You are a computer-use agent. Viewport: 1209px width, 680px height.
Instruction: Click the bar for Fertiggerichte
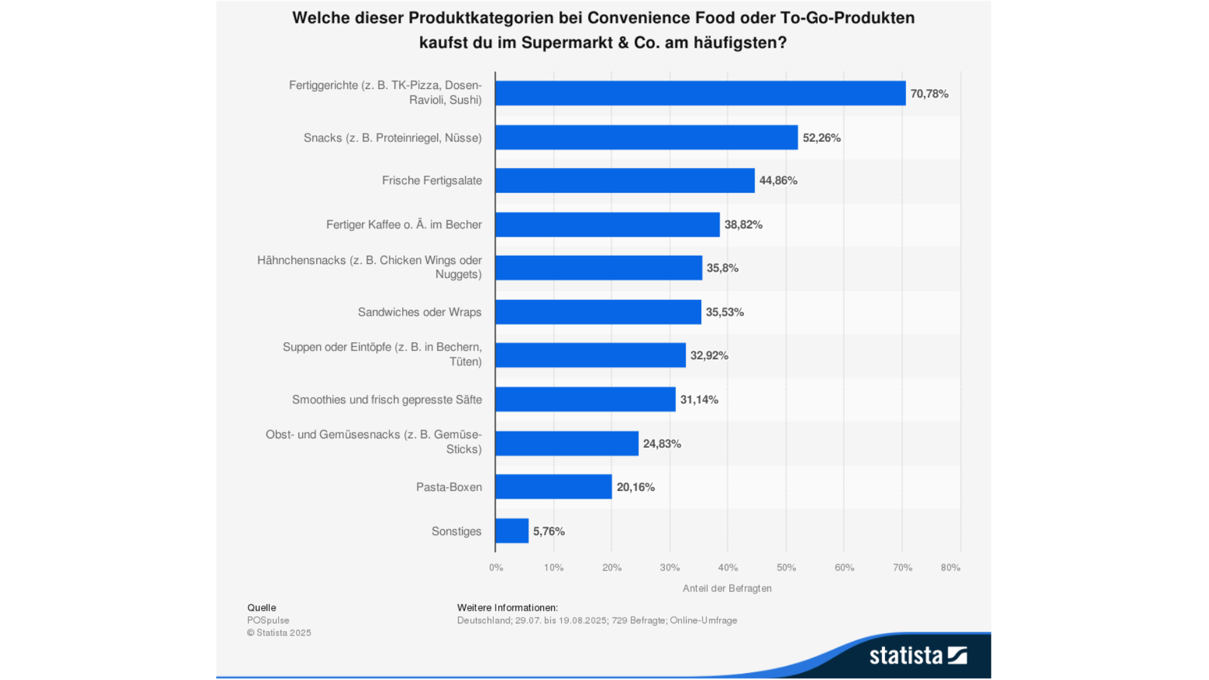point(700,94)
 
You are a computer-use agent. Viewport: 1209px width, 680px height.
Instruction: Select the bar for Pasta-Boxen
point(553,487)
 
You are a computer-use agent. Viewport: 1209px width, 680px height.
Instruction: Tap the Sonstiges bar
point(512,531)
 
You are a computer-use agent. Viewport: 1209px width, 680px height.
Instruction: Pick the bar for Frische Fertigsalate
point(624,181)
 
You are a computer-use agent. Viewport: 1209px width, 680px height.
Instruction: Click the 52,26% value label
point(821,138)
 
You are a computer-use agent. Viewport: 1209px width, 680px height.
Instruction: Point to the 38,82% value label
point(743,225)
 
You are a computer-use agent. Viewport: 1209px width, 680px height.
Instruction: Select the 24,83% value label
point(662,444)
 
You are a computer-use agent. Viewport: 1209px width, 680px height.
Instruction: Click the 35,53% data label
point(725,312)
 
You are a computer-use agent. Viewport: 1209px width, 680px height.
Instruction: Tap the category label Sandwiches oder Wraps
point(419,312)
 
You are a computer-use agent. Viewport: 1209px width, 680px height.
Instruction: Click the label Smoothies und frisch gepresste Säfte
point(387,399)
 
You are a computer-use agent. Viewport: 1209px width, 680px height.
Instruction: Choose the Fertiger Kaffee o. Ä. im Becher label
point(403,225)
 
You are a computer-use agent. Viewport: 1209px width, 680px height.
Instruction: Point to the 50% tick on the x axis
point(786,567)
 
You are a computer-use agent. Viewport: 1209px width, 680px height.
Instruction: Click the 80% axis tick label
point(950,567)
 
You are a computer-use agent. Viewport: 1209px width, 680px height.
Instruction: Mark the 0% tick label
point(496,567)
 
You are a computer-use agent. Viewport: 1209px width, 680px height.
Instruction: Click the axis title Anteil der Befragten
point(727,588)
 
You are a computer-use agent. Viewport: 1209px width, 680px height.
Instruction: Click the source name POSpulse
point(268,620)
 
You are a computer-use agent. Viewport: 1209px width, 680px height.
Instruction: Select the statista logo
point(918,655)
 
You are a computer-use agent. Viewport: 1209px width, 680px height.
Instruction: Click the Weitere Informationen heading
point(507,607)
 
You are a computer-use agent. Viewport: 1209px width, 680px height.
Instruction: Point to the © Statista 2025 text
point(279,633)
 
